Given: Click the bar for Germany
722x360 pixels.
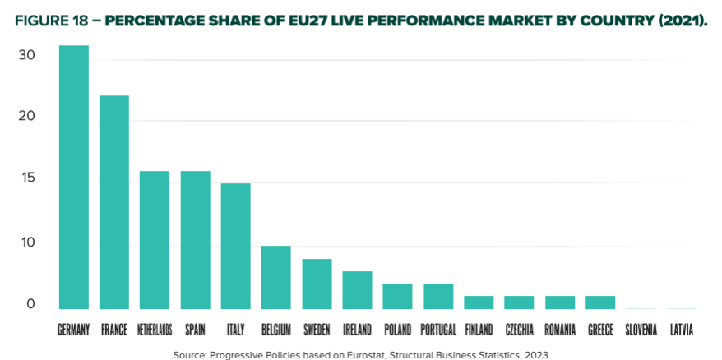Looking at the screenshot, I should point(73,177).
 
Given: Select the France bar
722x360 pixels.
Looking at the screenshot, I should point(114,201).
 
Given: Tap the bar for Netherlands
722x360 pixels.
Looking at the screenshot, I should point(155,239).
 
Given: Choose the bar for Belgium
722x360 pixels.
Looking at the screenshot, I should point(275,277).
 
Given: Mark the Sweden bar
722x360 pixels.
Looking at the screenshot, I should point(317,284).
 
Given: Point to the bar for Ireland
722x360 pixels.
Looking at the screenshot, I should point(357,289).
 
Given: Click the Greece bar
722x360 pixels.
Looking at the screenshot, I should point(600,302).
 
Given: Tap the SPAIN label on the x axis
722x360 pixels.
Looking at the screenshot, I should point(195,330).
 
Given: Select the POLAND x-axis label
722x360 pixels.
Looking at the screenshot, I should point(397,330).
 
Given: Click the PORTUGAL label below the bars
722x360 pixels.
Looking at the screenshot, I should point(437,330).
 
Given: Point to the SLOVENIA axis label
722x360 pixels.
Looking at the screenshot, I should point(641,330).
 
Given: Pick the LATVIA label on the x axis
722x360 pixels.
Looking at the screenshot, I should point(681,330).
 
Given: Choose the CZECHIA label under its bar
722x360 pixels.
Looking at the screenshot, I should point(519,330).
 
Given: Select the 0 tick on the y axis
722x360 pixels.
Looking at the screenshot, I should point(30,305).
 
